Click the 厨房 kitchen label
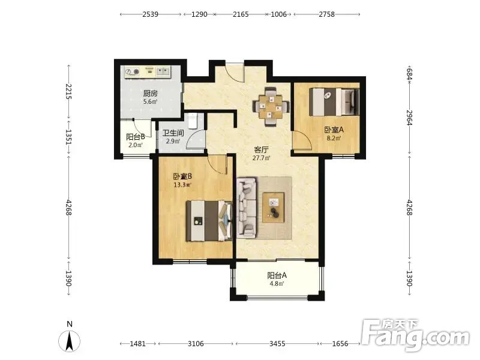pos(151,93)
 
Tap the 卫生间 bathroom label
pos(173,133)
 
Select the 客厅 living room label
pos(262,150)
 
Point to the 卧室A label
pos(334,130)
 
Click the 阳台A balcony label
pos(277,275)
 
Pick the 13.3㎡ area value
pos(182,185)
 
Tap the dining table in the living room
pos(271,107)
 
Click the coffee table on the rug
pos(274,208)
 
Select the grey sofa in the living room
pos(247,208)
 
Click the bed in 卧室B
pos(209,221)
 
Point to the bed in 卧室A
pos(334,101)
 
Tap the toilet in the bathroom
pos(193,121)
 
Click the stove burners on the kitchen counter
pos(133,72)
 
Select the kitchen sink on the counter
pos(163,71)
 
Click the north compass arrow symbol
pos(70,340)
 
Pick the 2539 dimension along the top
pos(151,14)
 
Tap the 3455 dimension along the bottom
pos(277,344)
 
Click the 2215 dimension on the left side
pos(68,92)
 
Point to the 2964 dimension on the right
pos(410,118)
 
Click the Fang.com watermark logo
pos(415,335)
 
